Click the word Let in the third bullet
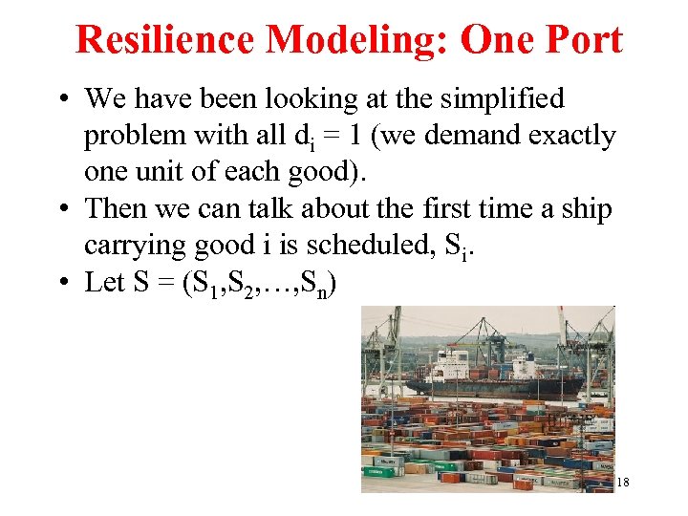102,283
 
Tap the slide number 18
623,483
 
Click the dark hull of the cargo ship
497,388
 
